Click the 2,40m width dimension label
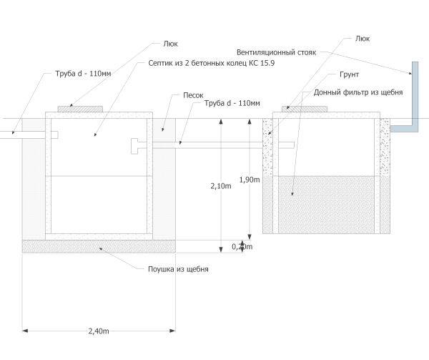[99, 331]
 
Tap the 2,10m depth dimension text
[221, 186]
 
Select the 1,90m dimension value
[250, 180]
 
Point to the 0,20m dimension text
[242, 247]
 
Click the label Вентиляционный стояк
[276, 52]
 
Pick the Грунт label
[349, 74]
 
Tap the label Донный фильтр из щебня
[358, 92]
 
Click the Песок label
[193, 95]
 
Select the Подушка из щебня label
[178, 269]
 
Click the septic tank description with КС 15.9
[212, 63]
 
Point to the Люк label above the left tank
[170, 44]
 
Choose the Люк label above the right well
[363, 39]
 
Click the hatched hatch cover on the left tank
[80, 109]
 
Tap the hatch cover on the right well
[305, 109]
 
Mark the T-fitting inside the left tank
[134, 146]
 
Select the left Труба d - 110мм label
[83, 74]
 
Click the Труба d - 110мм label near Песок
[232, 103]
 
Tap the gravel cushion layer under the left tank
[99, 246]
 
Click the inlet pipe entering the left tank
[29, 135]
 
